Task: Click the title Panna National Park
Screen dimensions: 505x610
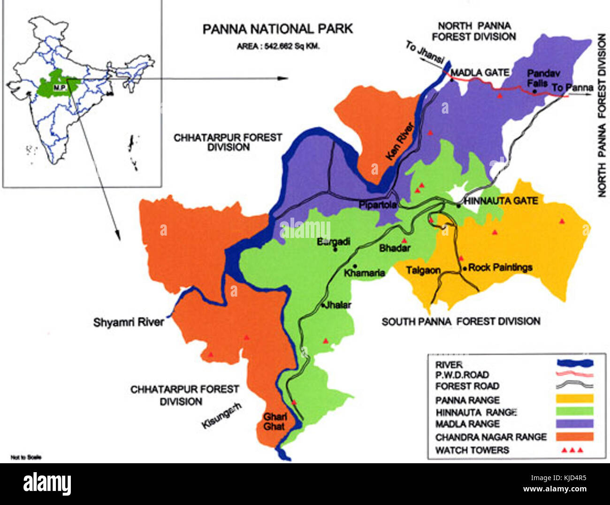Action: point(277,29)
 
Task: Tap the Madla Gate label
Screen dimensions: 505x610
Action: point(480,73)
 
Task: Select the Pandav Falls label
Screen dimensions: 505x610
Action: point(543,78)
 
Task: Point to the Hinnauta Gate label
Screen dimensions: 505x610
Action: point(501,201)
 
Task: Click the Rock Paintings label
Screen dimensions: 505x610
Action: point(500,268)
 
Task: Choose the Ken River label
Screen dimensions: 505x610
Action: point(400,141)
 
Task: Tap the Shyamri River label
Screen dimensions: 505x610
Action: point(129,322)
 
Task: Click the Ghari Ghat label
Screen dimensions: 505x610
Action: point(274,421)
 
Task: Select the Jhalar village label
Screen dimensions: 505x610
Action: point(338,305)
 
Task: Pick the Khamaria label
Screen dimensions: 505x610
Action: point(365,273)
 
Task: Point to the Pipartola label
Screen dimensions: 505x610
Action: point(378,205)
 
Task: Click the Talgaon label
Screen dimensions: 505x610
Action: point(423,270)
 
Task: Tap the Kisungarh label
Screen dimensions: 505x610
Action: point(221,415)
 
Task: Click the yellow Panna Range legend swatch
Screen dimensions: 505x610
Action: point(574,399)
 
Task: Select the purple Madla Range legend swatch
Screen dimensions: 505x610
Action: point(574,423)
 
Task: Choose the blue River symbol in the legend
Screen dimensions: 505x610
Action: point(574,363)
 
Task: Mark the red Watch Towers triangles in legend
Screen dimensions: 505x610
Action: point(572,450)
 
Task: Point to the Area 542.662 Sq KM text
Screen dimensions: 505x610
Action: point(278,46)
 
